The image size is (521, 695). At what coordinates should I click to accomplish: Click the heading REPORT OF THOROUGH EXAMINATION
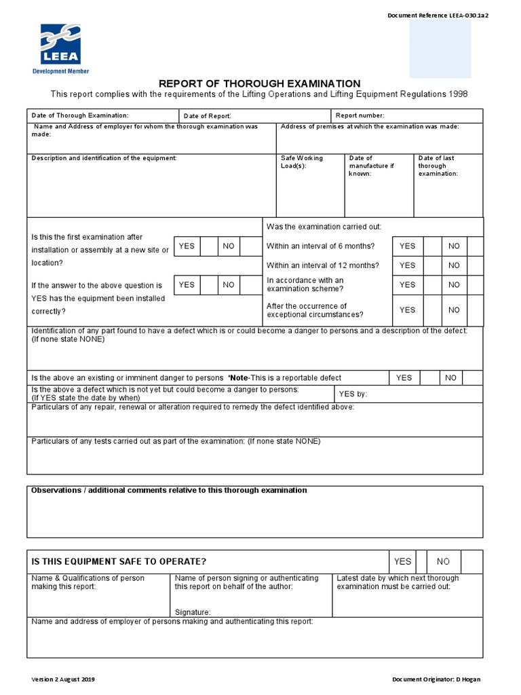260,83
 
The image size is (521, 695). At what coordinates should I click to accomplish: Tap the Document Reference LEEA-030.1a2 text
438,16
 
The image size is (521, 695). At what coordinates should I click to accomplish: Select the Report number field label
360,116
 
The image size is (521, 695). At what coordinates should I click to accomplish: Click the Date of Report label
208,116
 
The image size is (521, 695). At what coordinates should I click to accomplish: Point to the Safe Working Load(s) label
303,162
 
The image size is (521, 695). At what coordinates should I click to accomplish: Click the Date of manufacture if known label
371,166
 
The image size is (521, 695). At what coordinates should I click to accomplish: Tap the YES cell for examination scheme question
407,285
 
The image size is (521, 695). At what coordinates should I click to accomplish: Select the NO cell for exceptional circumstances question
454,310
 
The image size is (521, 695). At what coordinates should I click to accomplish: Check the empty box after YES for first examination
209,246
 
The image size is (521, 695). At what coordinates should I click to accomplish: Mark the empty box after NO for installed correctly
251,285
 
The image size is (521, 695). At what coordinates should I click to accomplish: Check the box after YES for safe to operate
421,561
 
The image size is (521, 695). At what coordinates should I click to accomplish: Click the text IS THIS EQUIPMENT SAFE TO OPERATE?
119,561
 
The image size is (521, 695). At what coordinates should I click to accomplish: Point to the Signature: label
193,612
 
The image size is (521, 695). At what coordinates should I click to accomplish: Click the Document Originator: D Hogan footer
436,679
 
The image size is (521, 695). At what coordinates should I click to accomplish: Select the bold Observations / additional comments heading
170,490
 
